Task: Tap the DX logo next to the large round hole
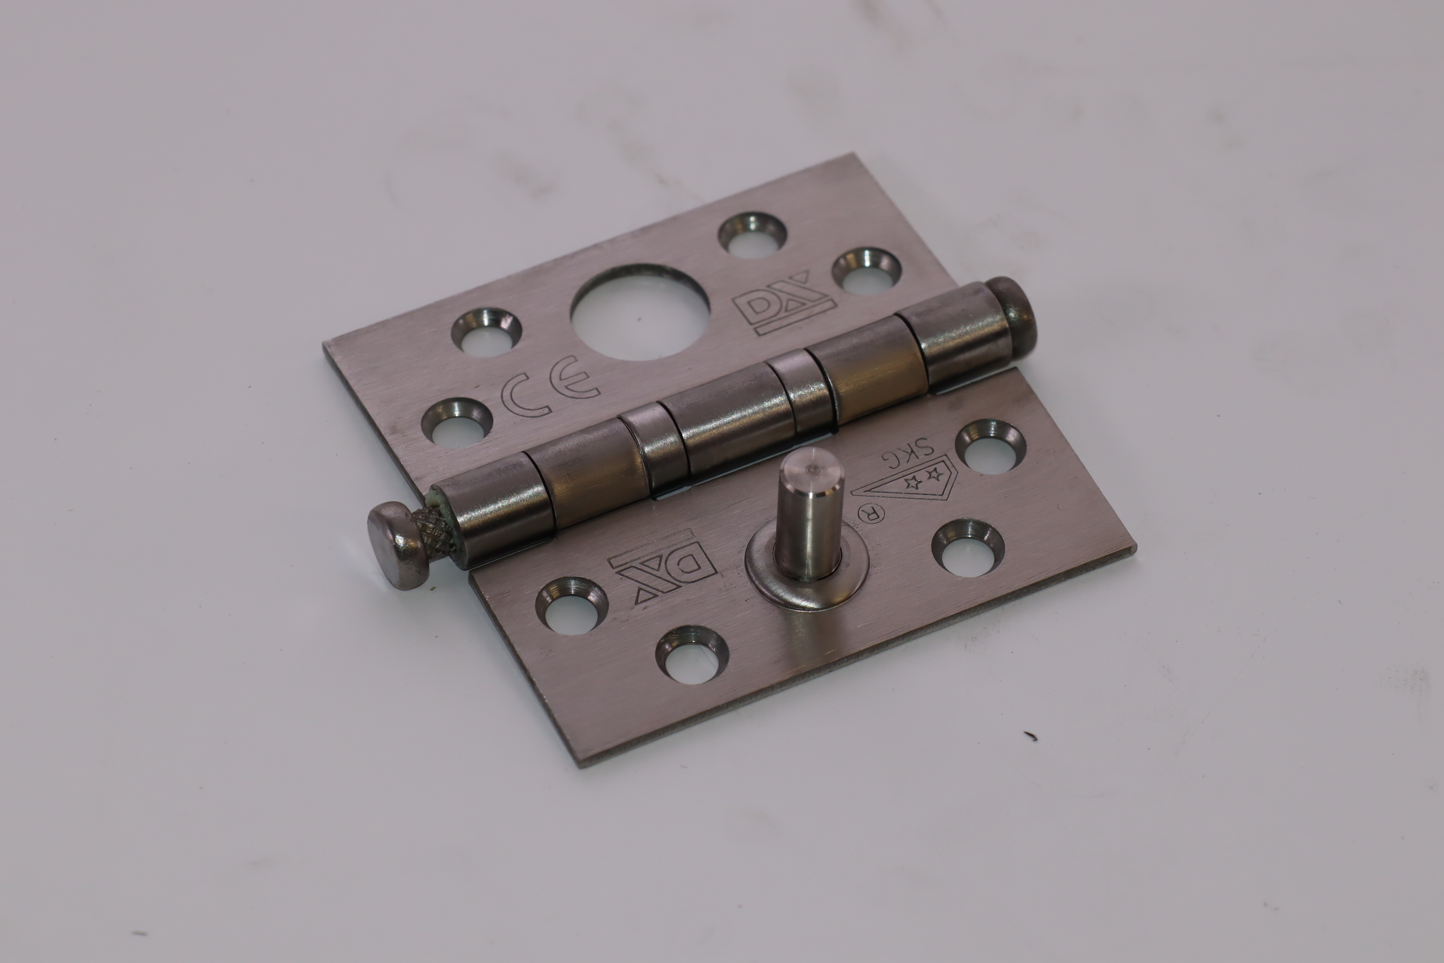783,303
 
